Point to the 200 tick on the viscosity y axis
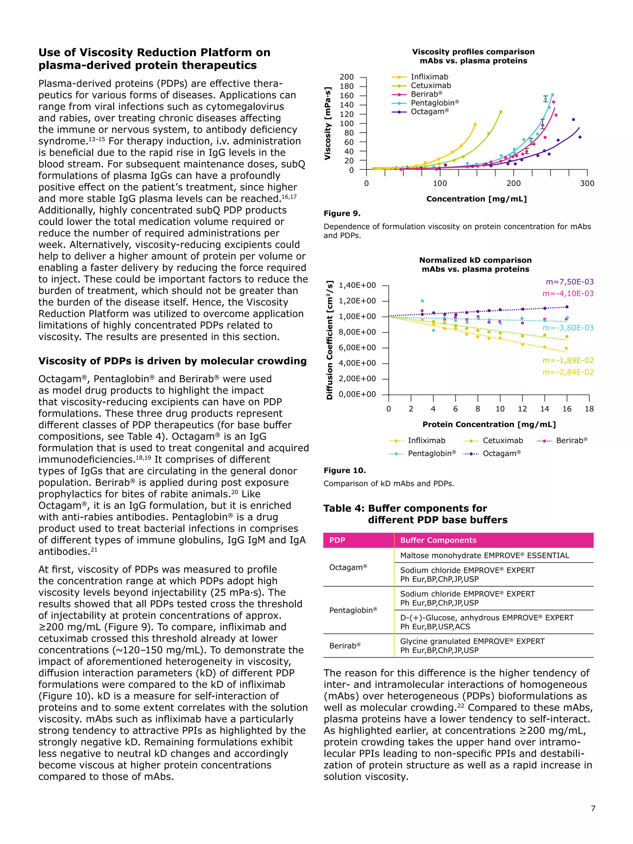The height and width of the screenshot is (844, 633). coord(346,77)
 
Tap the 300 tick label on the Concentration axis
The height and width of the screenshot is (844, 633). coord(587,183)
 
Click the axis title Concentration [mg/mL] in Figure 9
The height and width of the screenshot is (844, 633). coord(476,199)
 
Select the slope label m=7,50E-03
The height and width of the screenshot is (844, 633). coord(569,282)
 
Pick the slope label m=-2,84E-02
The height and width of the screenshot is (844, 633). coord(568,372)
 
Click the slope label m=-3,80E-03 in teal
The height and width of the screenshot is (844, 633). coord(568,328)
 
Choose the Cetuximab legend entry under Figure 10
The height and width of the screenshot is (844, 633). coord(502,441)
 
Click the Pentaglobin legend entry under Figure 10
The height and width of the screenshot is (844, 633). coord(431,453)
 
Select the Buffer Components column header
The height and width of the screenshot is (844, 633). coord(438,540)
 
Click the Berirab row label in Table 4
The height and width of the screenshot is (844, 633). coord(345,646)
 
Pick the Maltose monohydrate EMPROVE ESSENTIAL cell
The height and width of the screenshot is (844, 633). coord(484,556)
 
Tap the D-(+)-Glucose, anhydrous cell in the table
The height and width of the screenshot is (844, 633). coord(486,622)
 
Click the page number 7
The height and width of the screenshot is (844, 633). coord(593,819)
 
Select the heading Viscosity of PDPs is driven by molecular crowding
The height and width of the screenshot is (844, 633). coord(172,361)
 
